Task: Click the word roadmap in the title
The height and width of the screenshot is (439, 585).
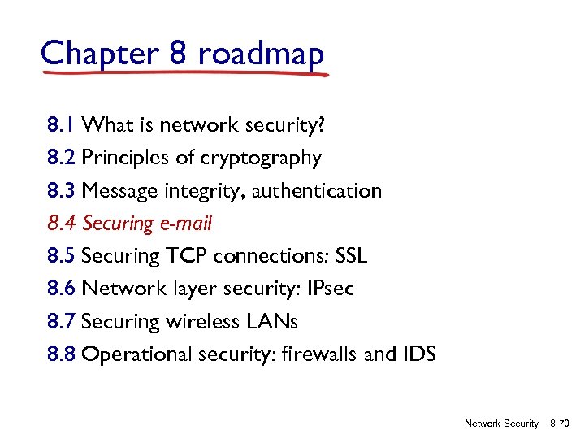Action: (x=260, y=54)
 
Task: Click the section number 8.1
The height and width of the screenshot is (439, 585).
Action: (x=62, y=125)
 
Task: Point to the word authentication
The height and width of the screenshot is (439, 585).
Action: (x=320, y=191)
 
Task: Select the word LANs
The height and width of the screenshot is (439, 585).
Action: (x=271, y=322)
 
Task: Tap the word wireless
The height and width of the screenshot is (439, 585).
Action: (x=199, y=322)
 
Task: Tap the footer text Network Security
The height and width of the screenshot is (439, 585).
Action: (x=501, y=424)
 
